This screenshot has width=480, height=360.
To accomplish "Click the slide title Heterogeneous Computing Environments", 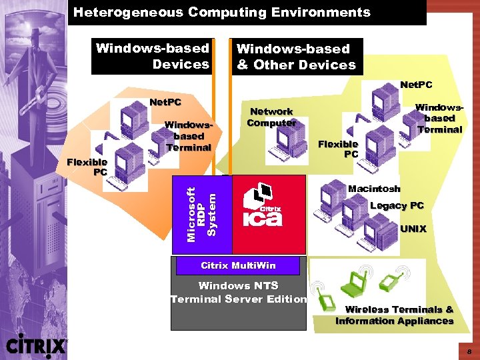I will pos(221,12).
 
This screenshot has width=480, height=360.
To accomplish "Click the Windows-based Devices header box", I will pos(153,56).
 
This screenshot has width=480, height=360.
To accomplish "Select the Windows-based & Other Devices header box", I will pos(296,57).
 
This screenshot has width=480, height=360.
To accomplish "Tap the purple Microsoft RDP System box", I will pos(201,214).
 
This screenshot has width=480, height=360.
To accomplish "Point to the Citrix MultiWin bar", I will pos(238,266).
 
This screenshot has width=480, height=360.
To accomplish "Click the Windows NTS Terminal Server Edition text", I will pos(238,293).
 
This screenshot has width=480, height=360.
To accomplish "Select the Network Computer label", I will pos(271,117).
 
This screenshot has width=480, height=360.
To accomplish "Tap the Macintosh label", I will pos(374,189).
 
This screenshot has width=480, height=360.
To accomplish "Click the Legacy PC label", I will pos(397,205).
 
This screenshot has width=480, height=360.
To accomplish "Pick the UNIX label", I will pos(413,229).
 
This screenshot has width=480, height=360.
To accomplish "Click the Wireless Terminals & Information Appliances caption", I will pos(395,315).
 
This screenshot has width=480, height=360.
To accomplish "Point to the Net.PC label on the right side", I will pos(416,85).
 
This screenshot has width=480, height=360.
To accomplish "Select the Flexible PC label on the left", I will pos(87,167).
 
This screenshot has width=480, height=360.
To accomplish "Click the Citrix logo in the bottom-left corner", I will pos(37,345).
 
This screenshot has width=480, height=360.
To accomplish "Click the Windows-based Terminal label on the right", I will pos(439,118).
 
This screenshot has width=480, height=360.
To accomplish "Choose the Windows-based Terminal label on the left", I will pos(188,136).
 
